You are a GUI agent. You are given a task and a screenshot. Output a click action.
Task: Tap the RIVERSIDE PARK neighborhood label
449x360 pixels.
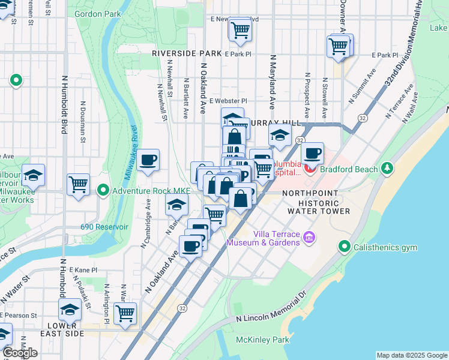pyautogui.click(x=187, y=53)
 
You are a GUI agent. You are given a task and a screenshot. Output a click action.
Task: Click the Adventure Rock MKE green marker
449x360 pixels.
pyautogui.click(x=103, y=191)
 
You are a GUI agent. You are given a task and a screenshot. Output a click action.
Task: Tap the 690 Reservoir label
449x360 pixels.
pyautogui.click(x=105, y=227)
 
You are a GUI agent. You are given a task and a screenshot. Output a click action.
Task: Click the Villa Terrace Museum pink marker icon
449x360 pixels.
pyautogui.click(x=309, y=238)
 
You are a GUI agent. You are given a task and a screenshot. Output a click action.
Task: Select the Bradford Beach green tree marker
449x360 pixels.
pyautogui.click(x=388, y=169)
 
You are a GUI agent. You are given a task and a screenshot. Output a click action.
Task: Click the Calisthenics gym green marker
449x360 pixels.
pyautogui.click(x=345, y=247)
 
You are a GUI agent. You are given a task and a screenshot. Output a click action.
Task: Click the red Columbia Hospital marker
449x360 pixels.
pyautogui.click(x=310, y=168)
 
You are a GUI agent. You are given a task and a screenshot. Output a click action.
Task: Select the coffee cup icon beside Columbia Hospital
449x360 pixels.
pyautogui.click(x=312, y=154)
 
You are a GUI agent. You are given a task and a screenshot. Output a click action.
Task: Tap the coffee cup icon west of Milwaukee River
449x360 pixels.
pyautogui.click(x=148, y=160)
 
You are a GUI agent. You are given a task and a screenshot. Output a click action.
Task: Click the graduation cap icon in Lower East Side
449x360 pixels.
pyautogui.click(x=70, y=310)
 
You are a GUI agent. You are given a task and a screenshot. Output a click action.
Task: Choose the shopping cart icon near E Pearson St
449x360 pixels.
pyautogui.click(x=125, y=313)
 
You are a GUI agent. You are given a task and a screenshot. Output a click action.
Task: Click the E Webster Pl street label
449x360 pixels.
pyautogui.click(x=228, y=101)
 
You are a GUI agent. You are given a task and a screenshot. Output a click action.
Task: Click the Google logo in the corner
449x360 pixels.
pyautogui.click(x=19, y=353)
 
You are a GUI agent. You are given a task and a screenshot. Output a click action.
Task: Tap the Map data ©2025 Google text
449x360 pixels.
pyautogui.click(x=411, y=355)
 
